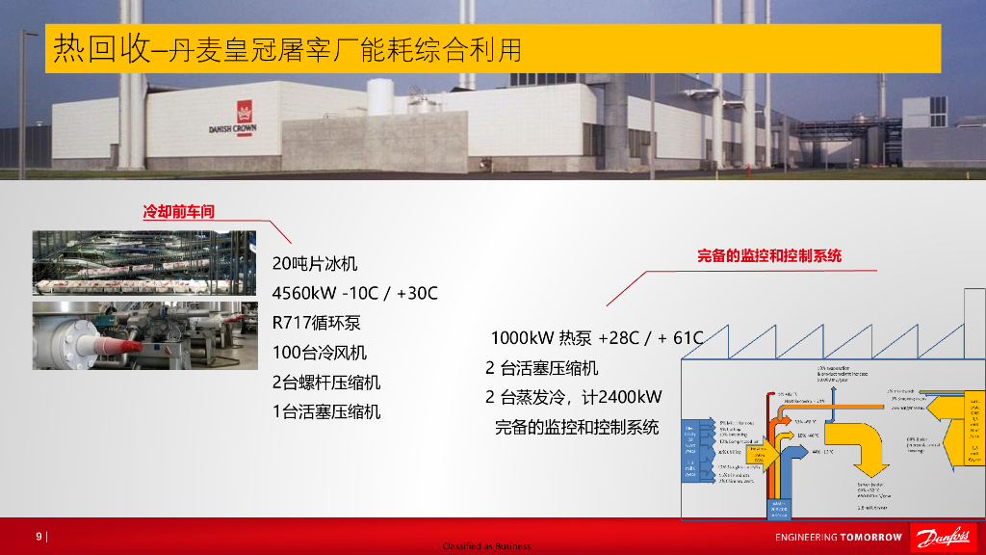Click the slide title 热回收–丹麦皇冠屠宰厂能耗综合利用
(287, 48)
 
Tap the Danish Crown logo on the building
(232, 119)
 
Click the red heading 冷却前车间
(179, 212)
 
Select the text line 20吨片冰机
(315, 264)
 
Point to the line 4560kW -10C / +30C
(355, 293)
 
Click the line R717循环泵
(317, 323)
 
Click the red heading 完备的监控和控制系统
(768, 256)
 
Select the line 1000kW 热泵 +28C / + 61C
(597, 338)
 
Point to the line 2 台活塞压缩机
(541, 368)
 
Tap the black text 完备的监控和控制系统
(577, 427)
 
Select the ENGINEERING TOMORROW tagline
(839, 537)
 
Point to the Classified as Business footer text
(486, 546)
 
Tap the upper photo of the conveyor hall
(144, 263)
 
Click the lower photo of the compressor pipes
(144, 335)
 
